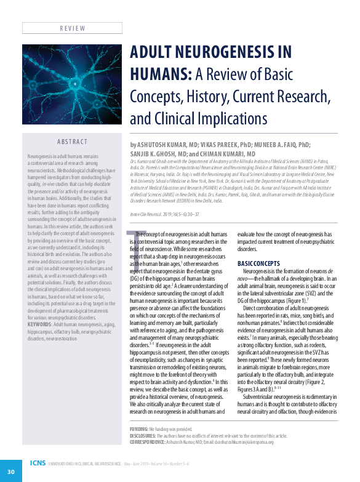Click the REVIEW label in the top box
(72, 28)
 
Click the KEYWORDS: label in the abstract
(40, 324)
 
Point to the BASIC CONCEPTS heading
(259, 263)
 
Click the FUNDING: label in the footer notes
(140, 428)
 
